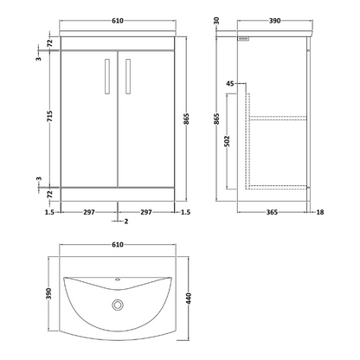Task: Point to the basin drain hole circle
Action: click(118, 305)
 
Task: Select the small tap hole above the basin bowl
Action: click(118, 280)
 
